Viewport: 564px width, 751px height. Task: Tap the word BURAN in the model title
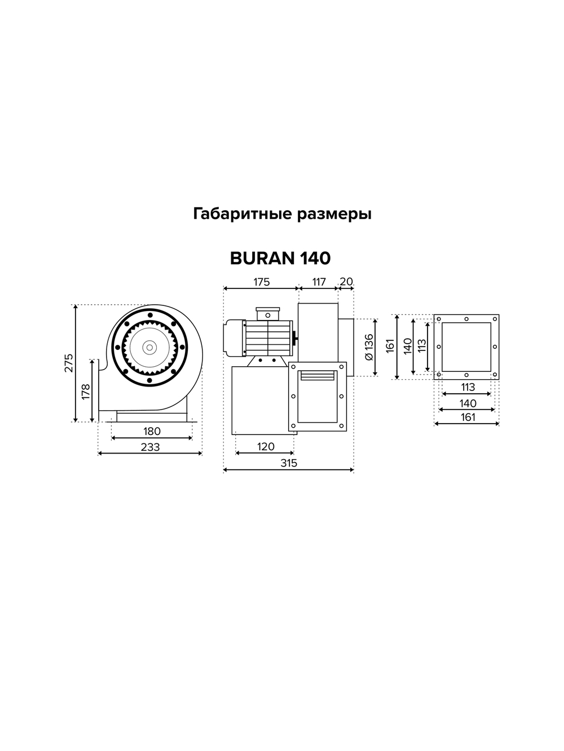[x=262, y=258]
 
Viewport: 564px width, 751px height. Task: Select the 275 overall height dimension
[x=68, y=364]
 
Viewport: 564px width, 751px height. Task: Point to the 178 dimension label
[x=86, y=392]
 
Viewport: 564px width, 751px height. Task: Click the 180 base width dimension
[x=152, y=431]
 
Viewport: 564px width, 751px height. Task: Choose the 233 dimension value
[x=150, y=447]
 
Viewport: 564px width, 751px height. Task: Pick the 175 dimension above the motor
[x=261, y=282]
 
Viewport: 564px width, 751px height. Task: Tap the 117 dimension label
[x=319, y=282]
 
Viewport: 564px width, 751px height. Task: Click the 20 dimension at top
[x=346, y=282]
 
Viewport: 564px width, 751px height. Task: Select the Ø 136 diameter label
[x=368, y=346]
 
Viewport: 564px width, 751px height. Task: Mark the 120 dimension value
[x=266, y=446]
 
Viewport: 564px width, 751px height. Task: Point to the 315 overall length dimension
[x=288, y=463]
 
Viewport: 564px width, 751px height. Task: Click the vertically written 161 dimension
[x=390, y=346]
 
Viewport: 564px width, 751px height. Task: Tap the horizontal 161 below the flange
[x=468, y=417]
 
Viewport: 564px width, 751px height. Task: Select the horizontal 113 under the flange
[x=468, y=387]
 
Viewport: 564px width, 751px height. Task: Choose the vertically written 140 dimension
[x=407, y=346]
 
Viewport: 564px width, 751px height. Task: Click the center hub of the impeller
[x=149, y=347]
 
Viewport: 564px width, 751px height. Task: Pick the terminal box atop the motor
[x=267, y=313]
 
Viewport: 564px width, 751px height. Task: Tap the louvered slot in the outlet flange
[x=318, y=375]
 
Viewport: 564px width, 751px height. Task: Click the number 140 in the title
[x=312, y=258]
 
